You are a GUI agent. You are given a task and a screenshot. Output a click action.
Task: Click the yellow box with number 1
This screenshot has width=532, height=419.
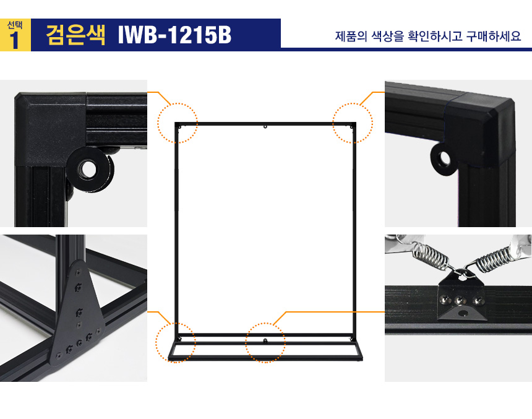[x=15, y=35]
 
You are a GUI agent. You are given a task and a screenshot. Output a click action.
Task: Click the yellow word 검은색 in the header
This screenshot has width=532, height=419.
[x=75, y=35]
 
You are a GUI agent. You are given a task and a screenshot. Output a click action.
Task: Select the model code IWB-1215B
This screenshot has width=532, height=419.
[x=174, y=35]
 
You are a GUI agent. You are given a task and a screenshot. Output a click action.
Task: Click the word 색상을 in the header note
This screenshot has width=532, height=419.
[x=388, y=36]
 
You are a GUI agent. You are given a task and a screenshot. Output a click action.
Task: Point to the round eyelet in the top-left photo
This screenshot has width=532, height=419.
[x=89, y=168]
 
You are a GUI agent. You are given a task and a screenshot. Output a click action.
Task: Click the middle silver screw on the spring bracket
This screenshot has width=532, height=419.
[x=460, y=300]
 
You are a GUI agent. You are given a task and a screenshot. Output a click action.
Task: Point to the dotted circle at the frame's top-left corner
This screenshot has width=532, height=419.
[x=178, y=123]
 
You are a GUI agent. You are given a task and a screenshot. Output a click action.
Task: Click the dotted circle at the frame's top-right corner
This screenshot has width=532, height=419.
[x=353, y=123]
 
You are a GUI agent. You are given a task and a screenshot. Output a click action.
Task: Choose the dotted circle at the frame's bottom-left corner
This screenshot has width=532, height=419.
[x=176, y=343]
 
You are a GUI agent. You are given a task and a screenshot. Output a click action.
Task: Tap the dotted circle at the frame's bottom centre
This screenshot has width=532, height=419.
[x=265, y=343]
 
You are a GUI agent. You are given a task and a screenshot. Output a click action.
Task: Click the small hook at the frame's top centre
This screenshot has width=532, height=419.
[x=265, y=127]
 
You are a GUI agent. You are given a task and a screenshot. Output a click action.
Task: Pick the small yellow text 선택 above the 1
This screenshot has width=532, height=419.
[x=15, y=25]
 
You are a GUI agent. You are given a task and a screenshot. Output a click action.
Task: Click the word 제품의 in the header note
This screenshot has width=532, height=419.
[x=351, y=36]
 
